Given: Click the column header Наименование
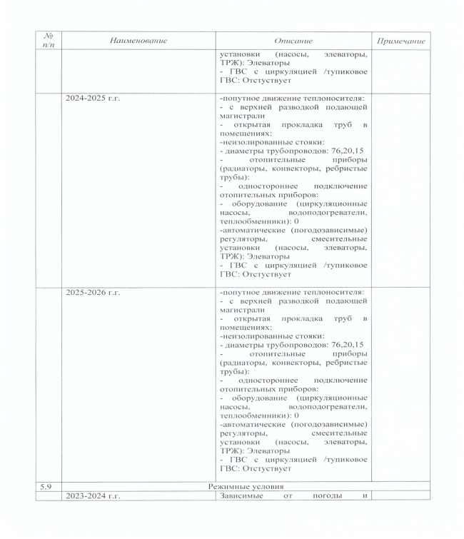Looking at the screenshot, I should tap(138, 41).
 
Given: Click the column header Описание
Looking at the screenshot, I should tap(293, 41).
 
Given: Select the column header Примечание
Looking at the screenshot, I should tap(400, 41).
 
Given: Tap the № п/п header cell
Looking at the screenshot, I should tap(49, 41).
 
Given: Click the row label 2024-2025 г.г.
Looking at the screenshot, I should tap(92, 98).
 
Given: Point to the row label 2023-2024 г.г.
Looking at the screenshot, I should tap(92, 495).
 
